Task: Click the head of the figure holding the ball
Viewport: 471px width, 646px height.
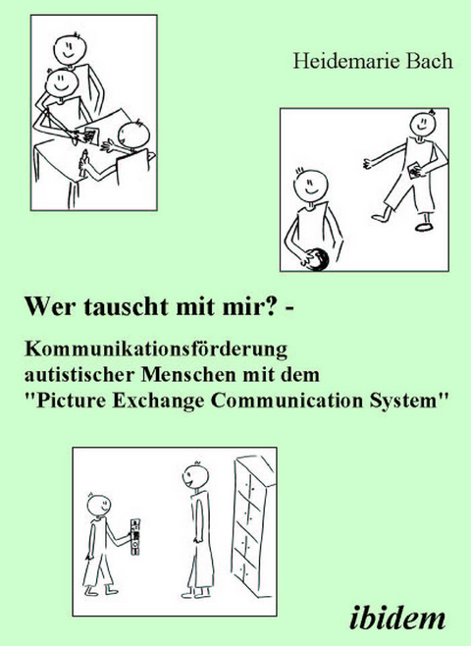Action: pyautogui.click(x=309, y=184)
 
